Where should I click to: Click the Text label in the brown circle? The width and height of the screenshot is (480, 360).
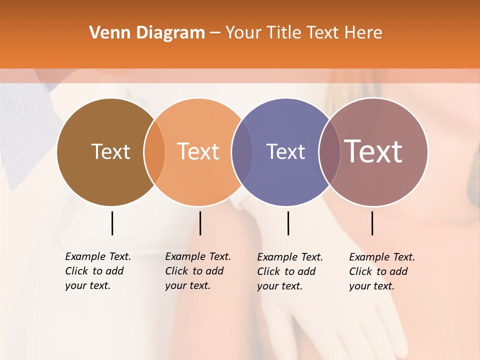[110, 151]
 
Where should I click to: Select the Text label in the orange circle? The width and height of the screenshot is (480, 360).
[198, 151]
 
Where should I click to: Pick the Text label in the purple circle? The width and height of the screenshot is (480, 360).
[285, 151]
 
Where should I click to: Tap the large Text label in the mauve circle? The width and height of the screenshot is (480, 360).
[373, 151]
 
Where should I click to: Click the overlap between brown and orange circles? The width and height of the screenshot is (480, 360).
[154, 151]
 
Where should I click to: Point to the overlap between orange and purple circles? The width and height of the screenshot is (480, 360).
[242, 151]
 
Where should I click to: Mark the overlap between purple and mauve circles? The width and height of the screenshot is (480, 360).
[329, 151]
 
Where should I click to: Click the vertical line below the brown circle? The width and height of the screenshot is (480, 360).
[112, 223]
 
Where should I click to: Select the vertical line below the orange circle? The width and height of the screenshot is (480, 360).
[200, 223]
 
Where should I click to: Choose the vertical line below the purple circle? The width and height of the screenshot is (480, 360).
[288, 223]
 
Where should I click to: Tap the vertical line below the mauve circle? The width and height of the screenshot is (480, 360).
[372, 223]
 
